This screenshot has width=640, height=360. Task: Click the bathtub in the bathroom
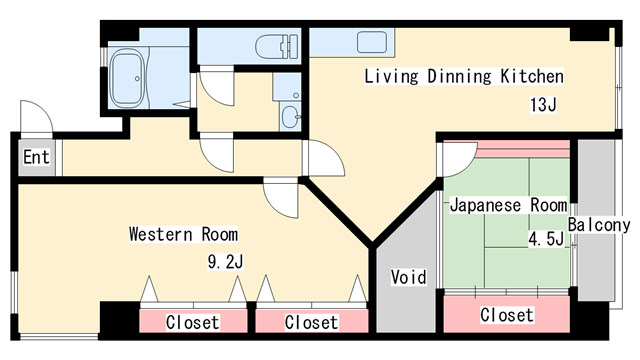[x=129, y=79]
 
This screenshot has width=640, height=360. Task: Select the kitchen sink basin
[x=372, y=42]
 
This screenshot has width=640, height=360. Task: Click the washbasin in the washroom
[x=291, y=117]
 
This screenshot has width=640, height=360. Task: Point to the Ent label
[x=36, y=157]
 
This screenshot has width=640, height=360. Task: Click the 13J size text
[x=543, y=104]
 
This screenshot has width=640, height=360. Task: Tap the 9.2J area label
[x=225, y=262]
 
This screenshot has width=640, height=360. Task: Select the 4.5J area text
[x=546, y=239]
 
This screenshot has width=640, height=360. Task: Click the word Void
[x=409, y=277]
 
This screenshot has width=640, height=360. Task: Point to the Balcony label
[x=599, y=225]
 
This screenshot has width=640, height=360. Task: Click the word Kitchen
[x=532, y=76]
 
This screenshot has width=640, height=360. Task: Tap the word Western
[x=161, y=234]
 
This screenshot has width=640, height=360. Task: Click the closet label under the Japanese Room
[x=507, y=315]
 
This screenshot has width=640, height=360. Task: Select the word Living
[x=391, y=77]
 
